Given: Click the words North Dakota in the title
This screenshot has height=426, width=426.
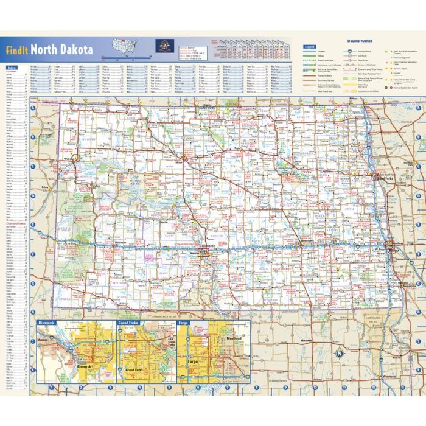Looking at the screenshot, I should pyautogui.click(x=62, y=50).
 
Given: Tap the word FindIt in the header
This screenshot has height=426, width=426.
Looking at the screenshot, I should pyautogui.click(x=17, y=51).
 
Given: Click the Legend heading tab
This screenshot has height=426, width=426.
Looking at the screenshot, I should pyautogui.click(x=310, y=46).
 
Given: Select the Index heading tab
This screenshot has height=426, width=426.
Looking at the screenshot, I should pyautogui.click(x=12, y=67).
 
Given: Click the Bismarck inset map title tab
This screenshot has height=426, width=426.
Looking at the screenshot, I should pyautogui.click(x=45, y=324).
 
